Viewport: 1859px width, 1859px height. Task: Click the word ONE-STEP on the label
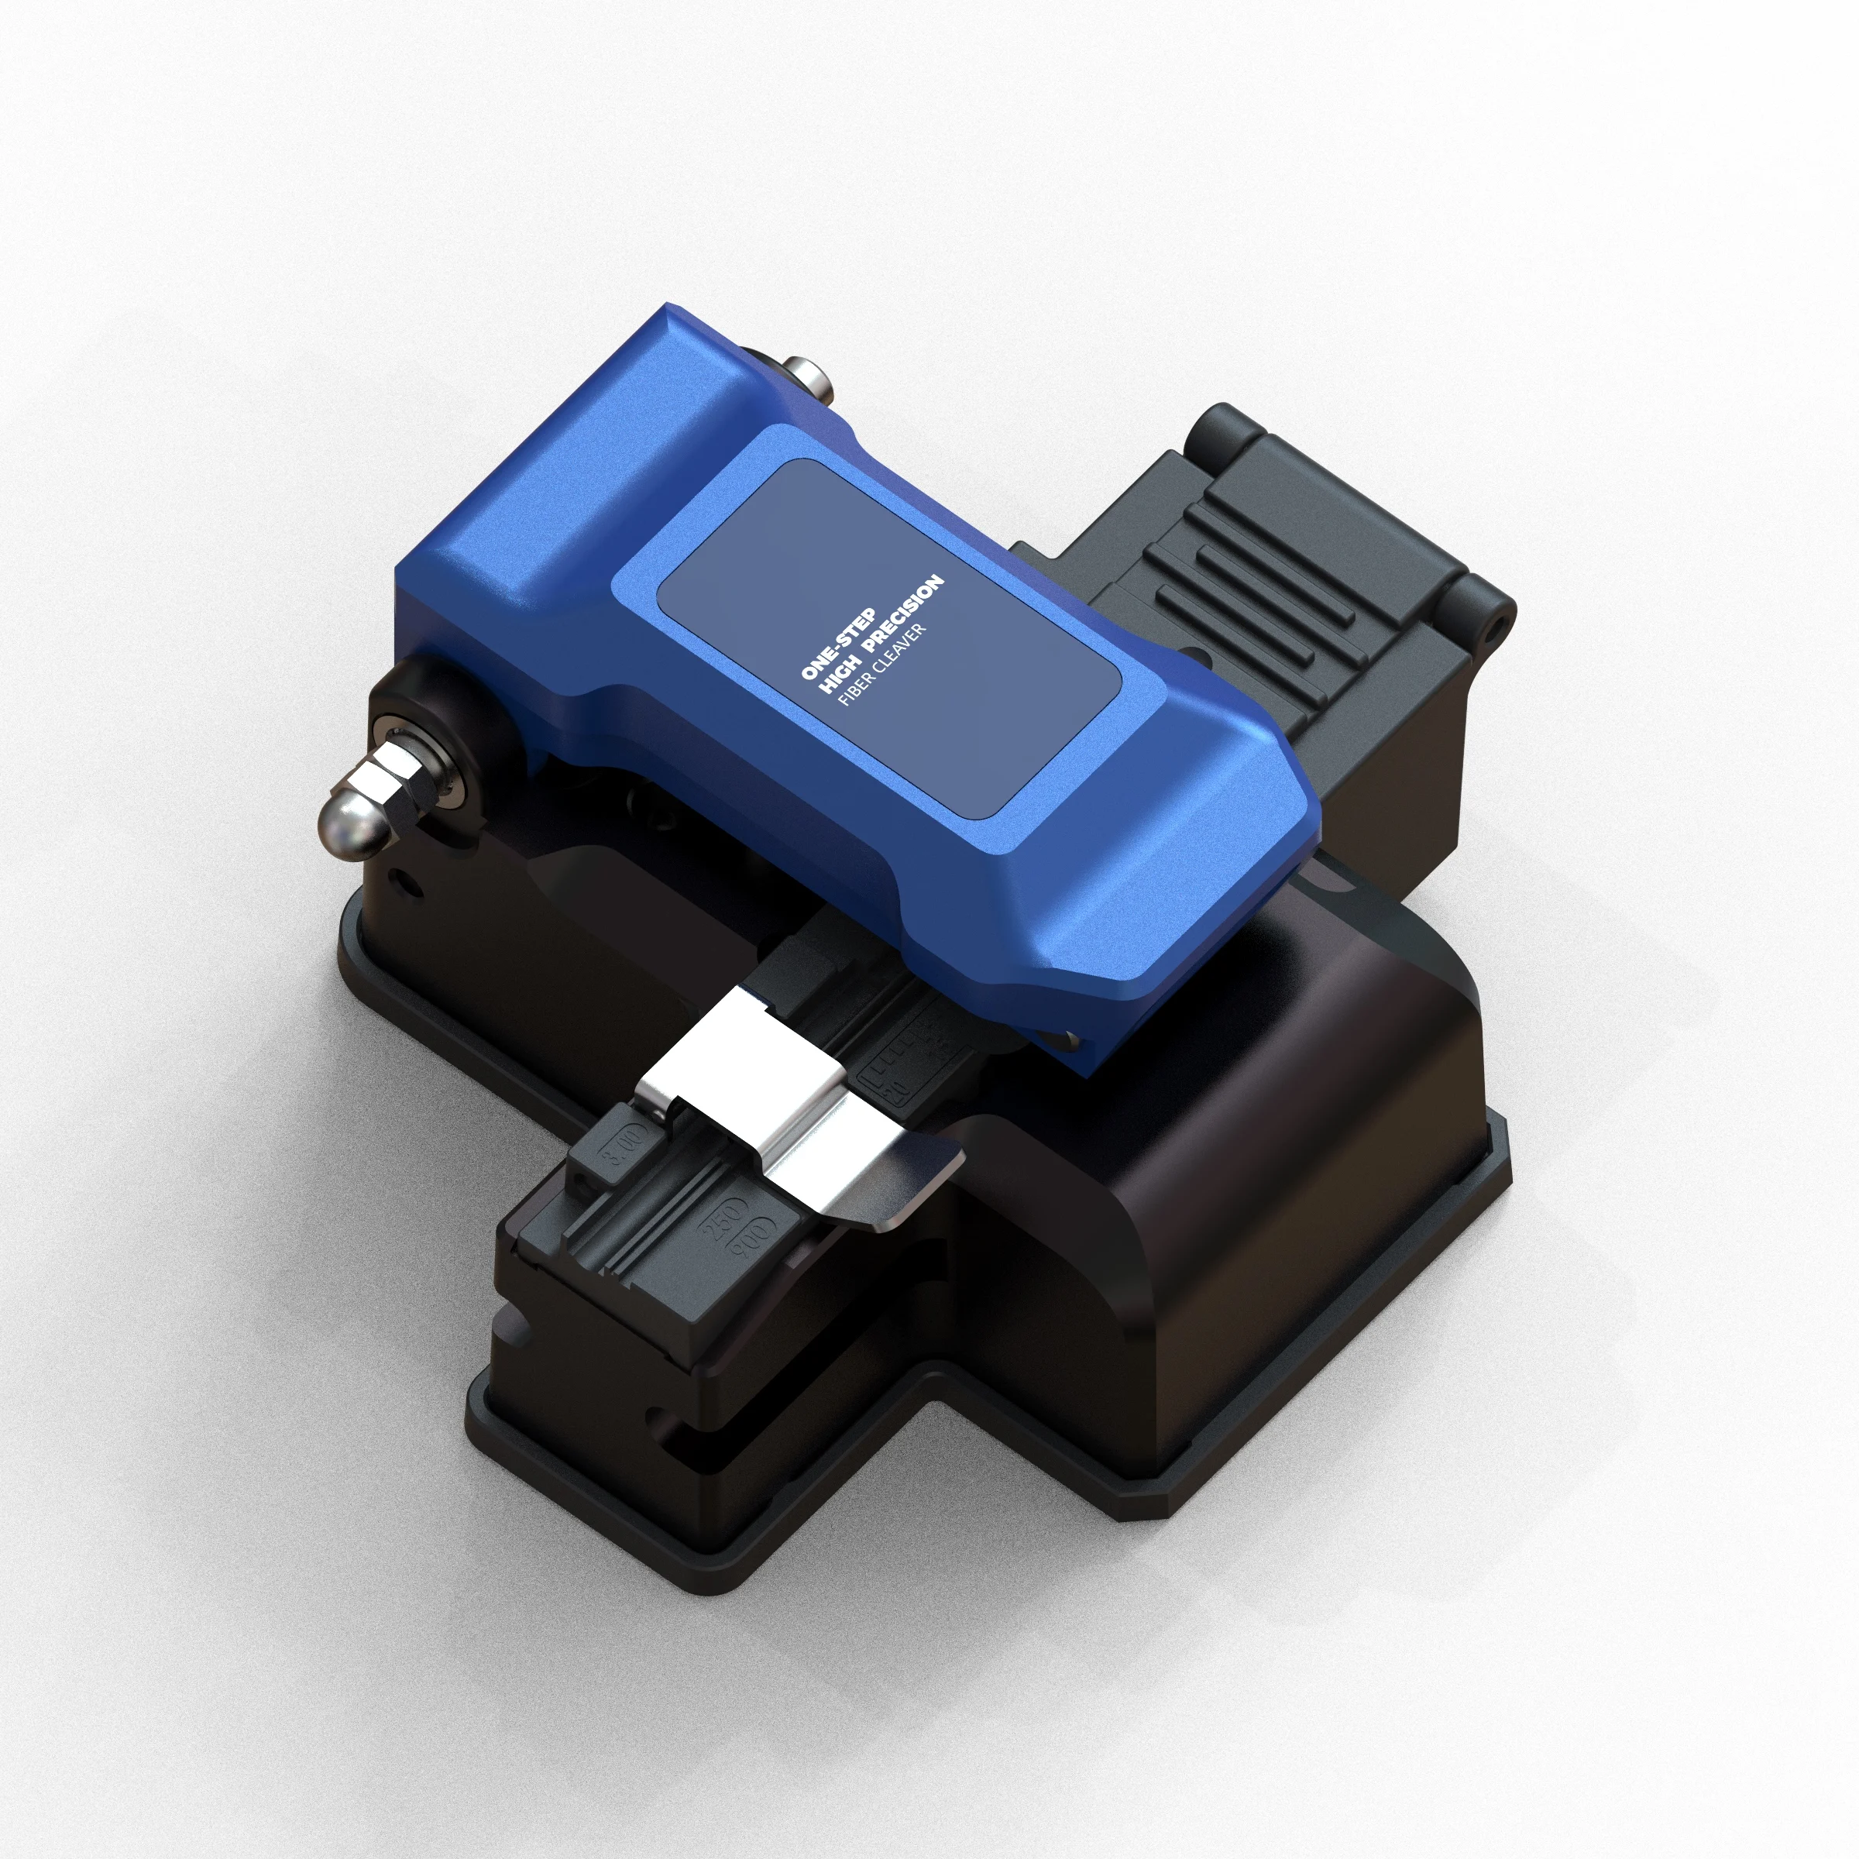[x=838, y=644]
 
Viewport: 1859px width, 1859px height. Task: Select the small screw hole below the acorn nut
[x=413, y=883]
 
